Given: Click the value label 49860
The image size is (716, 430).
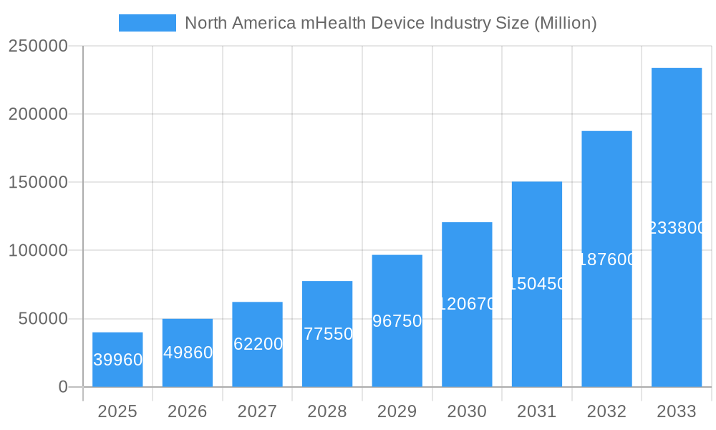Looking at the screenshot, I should [x=188, y=353].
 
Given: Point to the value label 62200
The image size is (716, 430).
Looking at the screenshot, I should [x=258, y=344].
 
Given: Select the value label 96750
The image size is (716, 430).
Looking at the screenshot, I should [x=397, y=321].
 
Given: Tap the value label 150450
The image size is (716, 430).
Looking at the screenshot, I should [x=537, y=284].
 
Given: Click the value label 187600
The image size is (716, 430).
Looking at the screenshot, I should [x=606, y=259].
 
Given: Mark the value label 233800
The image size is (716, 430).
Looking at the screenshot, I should [x=677, y=228].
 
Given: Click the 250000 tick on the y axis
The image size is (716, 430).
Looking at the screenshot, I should [x=38, y=46].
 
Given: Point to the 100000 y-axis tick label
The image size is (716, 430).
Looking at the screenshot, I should [x=38, y=251].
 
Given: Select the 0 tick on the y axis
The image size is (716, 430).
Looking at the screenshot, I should [x=62, y=387].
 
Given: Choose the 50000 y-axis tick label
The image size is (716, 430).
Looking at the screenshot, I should [x=42, y=319].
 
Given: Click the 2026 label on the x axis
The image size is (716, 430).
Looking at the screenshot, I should [x=188, y=411].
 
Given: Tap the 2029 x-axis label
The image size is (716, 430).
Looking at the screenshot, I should [x=397, y=411].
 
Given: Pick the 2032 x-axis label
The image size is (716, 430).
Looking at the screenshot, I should [x=606, y=411].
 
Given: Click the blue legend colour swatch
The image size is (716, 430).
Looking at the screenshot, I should [x=147, y=23].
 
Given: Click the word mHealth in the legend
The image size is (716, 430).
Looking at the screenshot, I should [x=333, y=23].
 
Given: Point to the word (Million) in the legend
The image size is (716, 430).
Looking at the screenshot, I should [x=565, y=23].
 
